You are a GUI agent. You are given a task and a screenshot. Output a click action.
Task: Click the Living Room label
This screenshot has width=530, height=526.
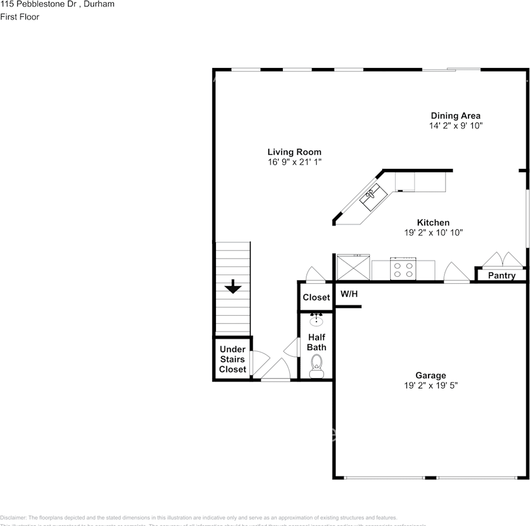tap(294, 152)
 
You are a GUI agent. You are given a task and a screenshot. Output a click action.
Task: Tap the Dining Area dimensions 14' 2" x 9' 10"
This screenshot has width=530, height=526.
tap(455, 125)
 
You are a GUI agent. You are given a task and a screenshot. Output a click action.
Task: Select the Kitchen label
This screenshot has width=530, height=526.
tap(433, 222)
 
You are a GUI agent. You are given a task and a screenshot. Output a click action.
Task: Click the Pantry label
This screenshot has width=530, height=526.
tap(501, 276)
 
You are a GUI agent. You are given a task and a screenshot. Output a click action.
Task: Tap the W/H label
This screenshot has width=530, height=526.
tap(349, 294)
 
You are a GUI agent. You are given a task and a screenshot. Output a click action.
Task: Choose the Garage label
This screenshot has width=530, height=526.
tap(430, 375)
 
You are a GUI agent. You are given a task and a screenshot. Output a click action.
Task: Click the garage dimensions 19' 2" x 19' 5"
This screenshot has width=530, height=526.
tap(430, 385)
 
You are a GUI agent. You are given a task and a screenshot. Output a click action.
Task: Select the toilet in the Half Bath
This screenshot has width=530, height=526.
tap(316, 365)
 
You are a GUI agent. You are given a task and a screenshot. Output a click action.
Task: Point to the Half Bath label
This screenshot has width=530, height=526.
tap(316, 342)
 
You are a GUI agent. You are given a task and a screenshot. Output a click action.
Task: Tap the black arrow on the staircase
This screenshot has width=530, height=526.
tap(233, 286)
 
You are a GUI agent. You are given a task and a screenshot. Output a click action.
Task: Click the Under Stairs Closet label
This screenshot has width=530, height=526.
tap(232, 359)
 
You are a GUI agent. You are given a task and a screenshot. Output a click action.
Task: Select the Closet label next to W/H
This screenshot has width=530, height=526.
tap(316, 298)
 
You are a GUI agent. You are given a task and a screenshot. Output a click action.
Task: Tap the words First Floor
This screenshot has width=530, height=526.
tap(20, 17)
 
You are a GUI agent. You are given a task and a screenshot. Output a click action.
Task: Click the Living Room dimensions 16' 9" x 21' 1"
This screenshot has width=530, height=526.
tap(294, 162)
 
